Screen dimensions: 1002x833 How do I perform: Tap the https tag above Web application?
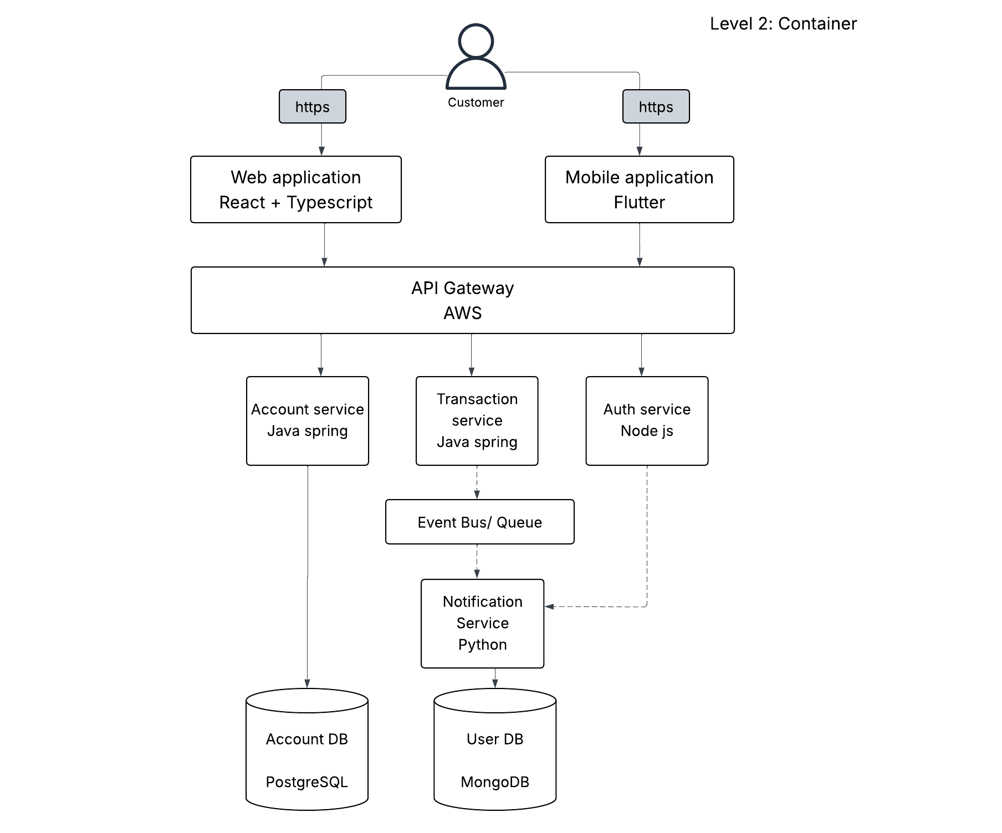click(x=313, y=106)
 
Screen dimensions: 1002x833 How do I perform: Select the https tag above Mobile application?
click(x=656, y=106)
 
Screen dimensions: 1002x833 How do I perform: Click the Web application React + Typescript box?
click(x=296, y=189)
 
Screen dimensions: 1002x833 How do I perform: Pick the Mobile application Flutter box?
click(x=640, y=189)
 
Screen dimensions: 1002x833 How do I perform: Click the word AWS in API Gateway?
click(x=463, y=313)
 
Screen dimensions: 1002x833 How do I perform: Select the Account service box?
click(x=308, y=421)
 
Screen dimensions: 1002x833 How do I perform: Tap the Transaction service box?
click(x=477, y=421)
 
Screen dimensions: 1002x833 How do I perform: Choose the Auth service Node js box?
click(x=647, y=421)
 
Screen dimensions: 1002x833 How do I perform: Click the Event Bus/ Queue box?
click(x=480, y=522)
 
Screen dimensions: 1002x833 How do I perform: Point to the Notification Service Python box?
click(x=482, y=624)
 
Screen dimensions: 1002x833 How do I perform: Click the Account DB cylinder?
click(x=307, y=749)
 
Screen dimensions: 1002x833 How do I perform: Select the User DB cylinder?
click(x=495, y=749)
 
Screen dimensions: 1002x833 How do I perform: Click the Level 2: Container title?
click(x=784, y=24)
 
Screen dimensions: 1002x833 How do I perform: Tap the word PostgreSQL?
click(x=306, y=782)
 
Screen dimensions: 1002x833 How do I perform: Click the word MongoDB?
click(x=495, y=782)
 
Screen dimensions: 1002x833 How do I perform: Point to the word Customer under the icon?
click(x=476, y=102)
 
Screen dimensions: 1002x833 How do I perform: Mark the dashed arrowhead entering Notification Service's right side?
click(x=549, y=606)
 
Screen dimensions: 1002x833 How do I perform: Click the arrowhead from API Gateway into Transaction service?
click(x=472, y=372)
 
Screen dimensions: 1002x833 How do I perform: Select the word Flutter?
click(x=640, y=202)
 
